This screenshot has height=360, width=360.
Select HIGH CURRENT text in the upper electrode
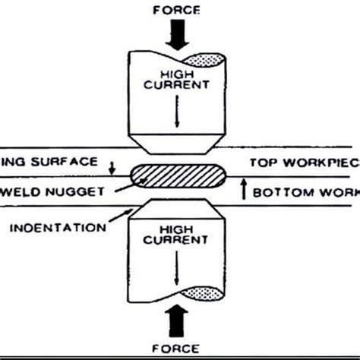180,78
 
